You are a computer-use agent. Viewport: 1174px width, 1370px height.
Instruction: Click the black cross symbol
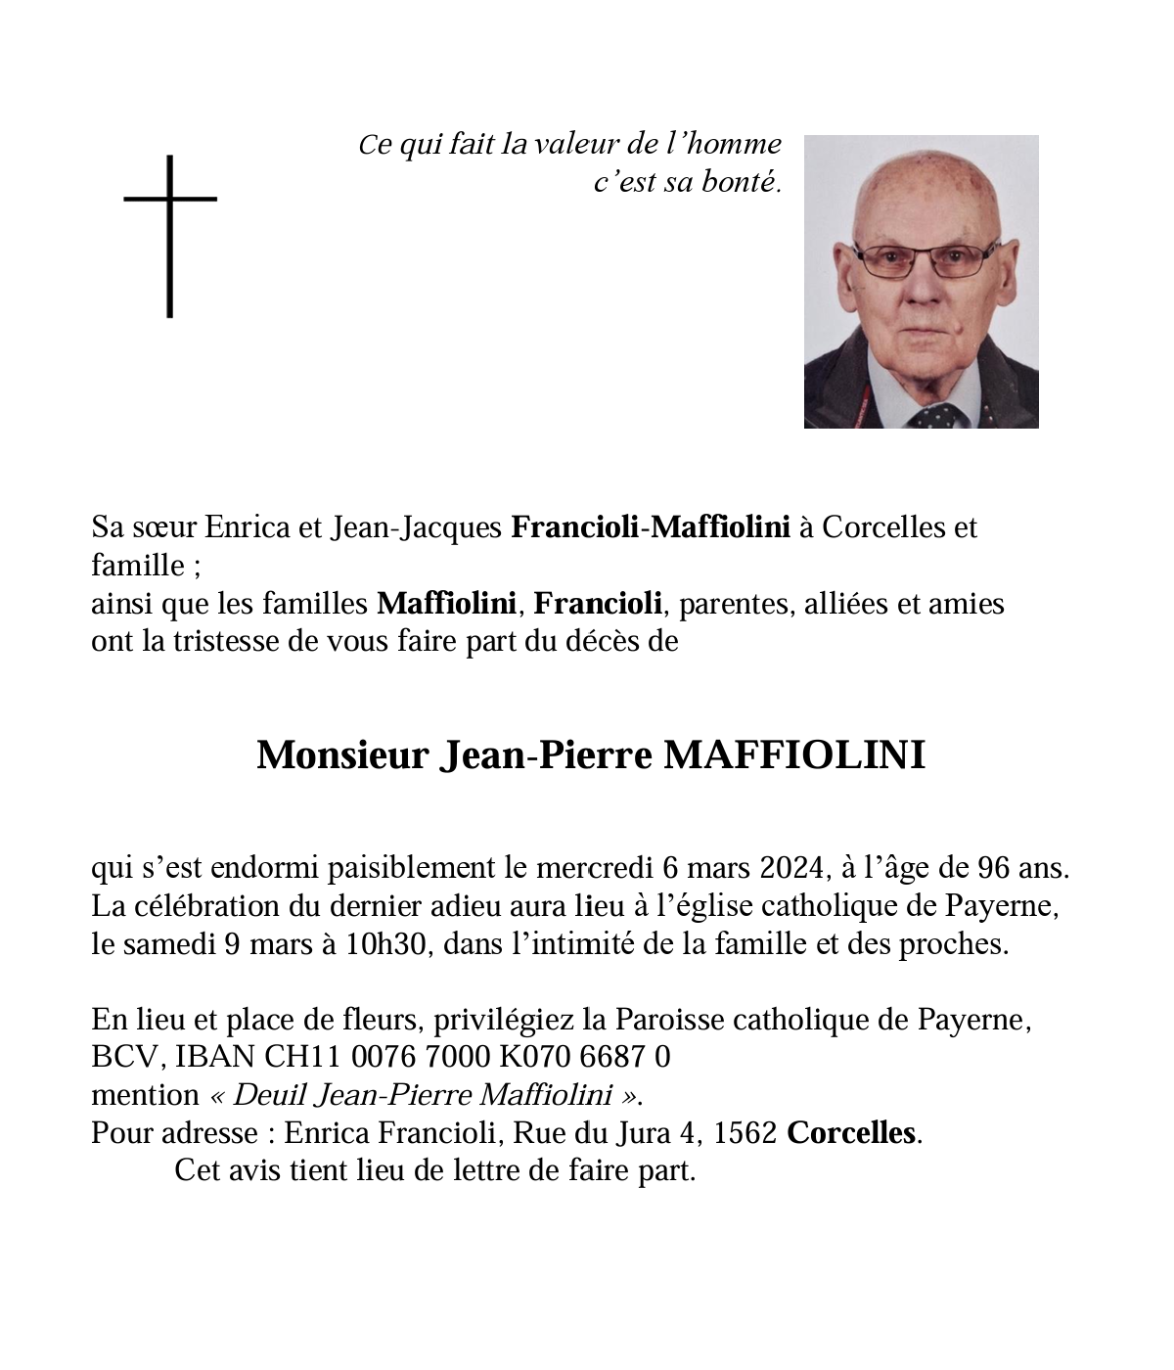coord(170,235)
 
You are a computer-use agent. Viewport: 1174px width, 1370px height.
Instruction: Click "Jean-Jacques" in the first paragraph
coord(417,527)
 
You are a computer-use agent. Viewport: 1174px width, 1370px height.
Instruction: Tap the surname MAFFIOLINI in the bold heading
coord(794,755)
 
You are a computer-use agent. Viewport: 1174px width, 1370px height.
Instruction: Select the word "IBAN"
coord(217,1057)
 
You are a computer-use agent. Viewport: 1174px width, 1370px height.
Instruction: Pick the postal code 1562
coord(745,1133)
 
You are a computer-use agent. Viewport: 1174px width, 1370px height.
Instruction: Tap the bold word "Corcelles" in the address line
coord(852,1133)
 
